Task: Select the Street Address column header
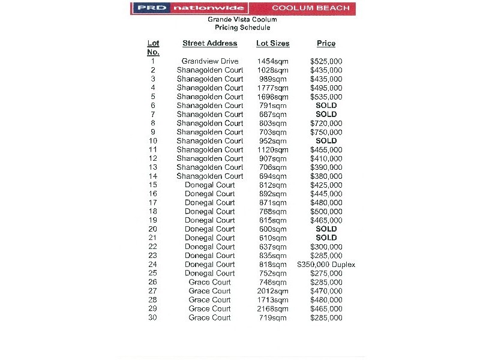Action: click(210, 43)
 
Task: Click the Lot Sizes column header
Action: click(272, 43)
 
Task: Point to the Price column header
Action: click(326, 43)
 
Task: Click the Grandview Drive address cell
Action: click(210, 61)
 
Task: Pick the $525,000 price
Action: click(326, 61)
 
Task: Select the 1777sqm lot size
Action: click(272, 88)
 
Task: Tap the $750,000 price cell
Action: click(326, 132)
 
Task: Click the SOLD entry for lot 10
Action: click(326, 141)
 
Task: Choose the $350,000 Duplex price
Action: click(326, 265)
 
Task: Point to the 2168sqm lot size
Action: click(272, 309)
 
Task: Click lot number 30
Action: click(153, 318)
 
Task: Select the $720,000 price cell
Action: click(326, 123)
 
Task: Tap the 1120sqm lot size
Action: click(272, 150)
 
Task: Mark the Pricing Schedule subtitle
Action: click(242, 28)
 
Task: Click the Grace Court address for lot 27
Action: click(209, 291)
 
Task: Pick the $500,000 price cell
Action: click(326, 212)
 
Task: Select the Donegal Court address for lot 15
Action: click(210, 185)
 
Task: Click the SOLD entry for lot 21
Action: click(326, 238)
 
